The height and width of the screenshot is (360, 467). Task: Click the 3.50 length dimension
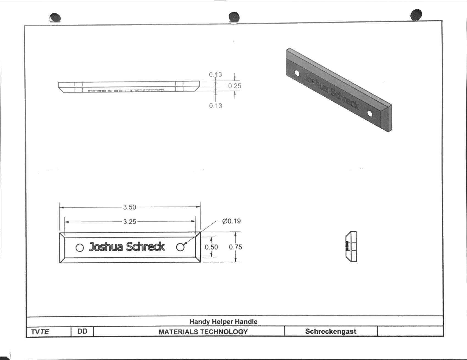(x=129, y=207)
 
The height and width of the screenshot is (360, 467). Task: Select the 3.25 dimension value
(x=129, y=222)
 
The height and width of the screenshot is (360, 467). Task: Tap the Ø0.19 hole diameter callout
(x=232, y=221)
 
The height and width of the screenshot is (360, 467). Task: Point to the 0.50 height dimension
(x=211, y=247)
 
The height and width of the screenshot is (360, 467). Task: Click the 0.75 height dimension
(x=235, y=247)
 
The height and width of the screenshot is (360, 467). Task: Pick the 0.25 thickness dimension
(x=235, y=86)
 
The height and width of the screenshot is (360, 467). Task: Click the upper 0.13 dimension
(x=215, y=74)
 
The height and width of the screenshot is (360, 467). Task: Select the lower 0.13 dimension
(x=215, y=106)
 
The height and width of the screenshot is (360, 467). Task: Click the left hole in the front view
(x=80, y=248)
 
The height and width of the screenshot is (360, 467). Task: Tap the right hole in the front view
(x=180, y=247)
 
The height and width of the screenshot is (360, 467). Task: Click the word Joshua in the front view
(x=106, y=247)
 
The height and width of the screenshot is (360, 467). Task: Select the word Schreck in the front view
(x=145, y=247)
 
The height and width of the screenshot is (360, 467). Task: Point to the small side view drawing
(x=351, y=246)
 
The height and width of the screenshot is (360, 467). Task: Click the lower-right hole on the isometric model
(x=370, y=113)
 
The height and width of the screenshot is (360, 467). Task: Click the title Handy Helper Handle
(x=223, y=322)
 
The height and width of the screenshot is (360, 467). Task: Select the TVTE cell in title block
(x=40, y=332)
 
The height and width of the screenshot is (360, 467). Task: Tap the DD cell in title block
(x=82, y=331)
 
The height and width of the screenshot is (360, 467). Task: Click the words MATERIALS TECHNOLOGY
(x=203, y=332)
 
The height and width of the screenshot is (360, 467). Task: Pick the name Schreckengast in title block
(x=330, y=331)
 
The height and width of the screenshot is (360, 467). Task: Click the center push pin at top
(x=234, y=17)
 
